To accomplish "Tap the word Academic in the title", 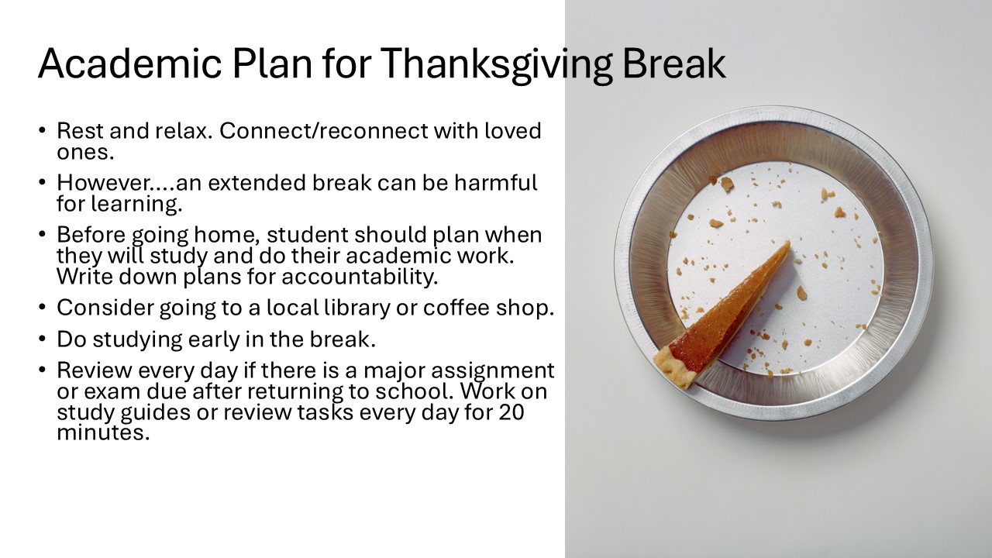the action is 129,64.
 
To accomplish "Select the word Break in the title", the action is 673,64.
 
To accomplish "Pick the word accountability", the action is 360,277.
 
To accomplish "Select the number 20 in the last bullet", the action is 511,412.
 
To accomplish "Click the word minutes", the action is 103,432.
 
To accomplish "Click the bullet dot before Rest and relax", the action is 42,131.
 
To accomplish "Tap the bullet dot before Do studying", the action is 42,339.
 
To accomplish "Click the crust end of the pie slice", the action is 673,367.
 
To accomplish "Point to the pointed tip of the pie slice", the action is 788,243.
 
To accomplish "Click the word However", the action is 116,182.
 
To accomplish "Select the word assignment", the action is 492,371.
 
